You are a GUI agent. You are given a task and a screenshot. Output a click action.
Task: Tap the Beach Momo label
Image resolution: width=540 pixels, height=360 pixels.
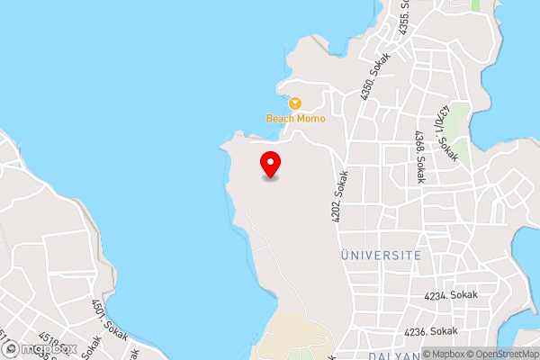point(295,118)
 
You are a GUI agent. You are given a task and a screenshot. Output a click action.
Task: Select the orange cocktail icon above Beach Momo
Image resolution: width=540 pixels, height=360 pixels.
point(294,103)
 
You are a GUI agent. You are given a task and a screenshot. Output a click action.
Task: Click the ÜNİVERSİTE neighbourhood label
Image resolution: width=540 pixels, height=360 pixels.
point(381,256)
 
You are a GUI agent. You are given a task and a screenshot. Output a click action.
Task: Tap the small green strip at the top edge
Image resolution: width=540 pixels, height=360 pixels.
point(475,4)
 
